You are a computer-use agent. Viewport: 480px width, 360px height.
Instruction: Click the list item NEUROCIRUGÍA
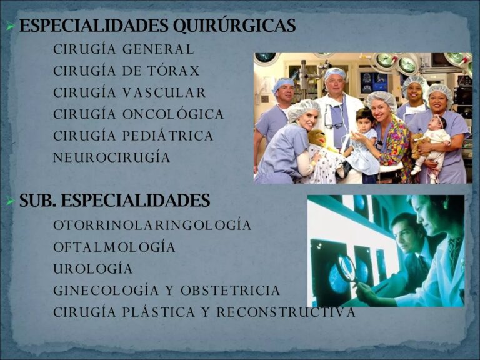click(112, 157)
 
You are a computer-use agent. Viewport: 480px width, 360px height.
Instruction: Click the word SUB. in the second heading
click(38, 201)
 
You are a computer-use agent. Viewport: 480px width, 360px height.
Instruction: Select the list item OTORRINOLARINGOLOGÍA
click(152, 225)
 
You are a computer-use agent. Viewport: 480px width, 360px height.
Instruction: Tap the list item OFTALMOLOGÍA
click(114, 247)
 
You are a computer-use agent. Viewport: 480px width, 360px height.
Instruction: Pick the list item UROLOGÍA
click(93, 269)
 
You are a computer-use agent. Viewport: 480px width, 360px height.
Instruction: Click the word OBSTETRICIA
click(230, 291)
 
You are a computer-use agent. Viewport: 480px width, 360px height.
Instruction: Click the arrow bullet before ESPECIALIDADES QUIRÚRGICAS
click(9, 27)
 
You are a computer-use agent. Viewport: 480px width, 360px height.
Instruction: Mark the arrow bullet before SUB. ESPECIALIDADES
click(9, 202)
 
